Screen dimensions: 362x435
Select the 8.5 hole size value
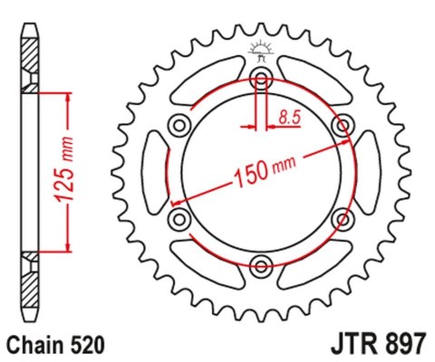pos(290,117)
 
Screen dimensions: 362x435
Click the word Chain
pos(33,345)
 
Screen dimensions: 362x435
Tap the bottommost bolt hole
pos(262,264)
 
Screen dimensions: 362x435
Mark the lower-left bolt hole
pos(179,217)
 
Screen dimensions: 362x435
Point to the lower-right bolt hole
pos(343,217)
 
